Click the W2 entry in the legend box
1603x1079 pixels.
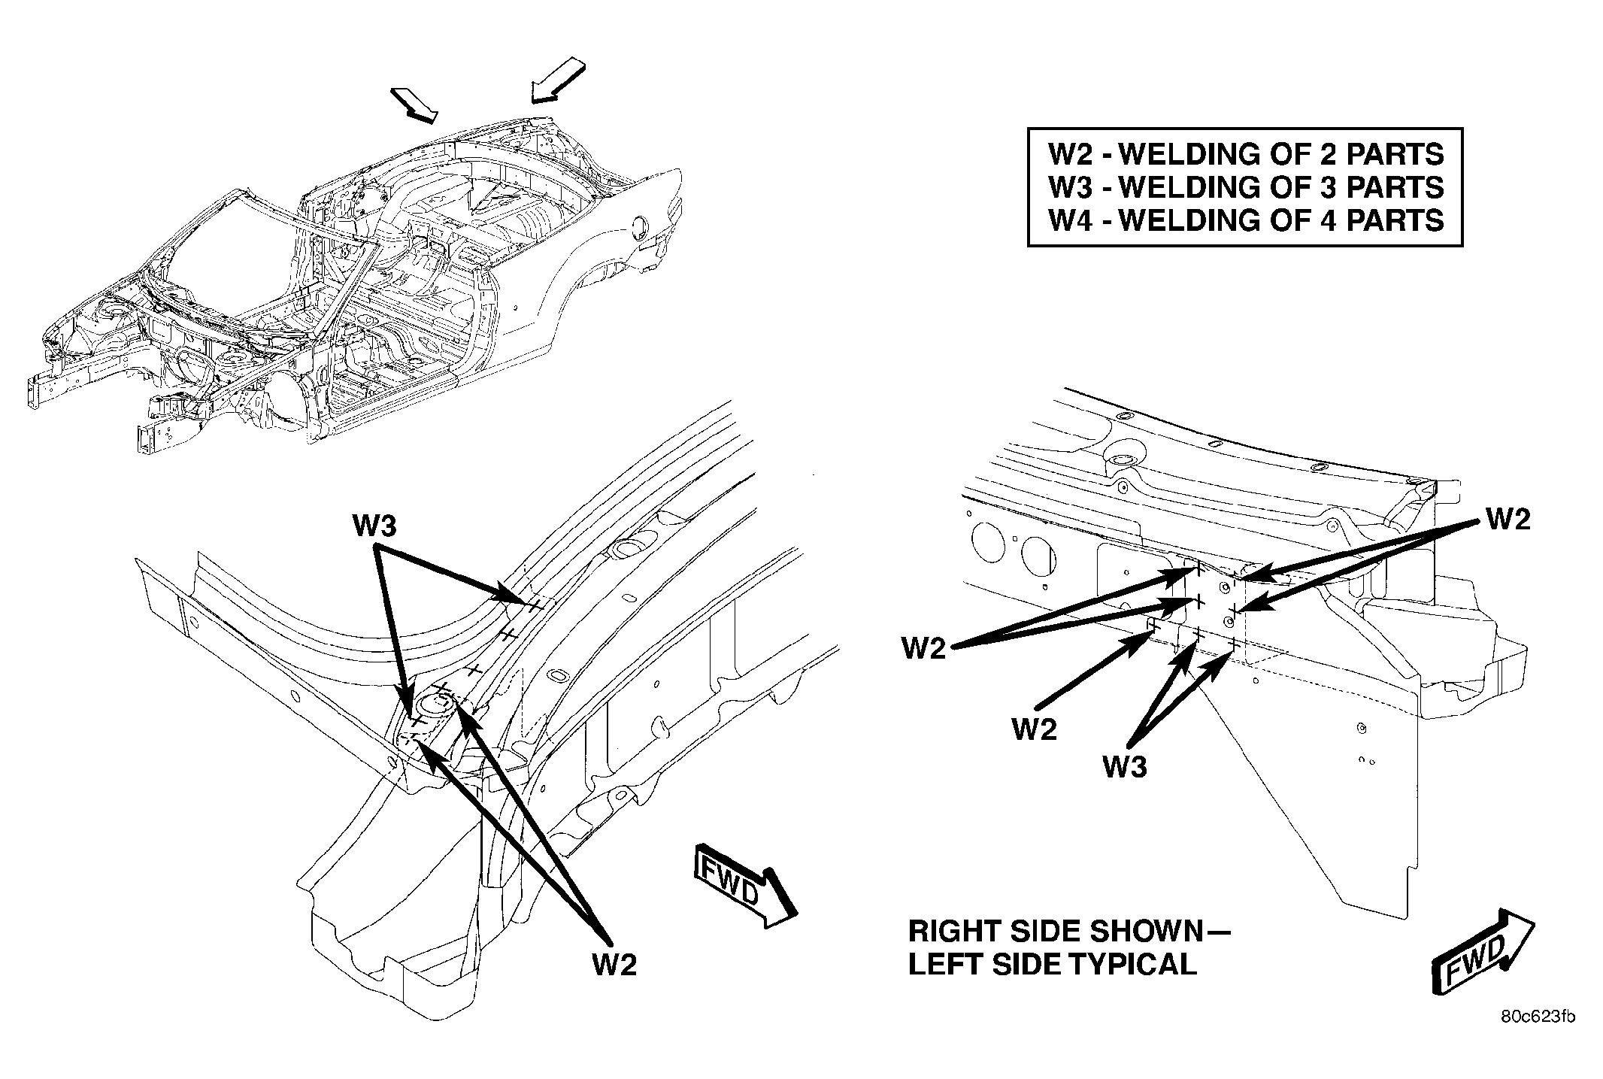1246,154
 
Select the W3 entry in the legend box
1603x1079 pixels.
1246,187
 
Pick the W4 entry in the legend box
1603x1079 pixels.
1246,220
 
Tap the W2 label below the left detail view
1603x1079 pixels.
615,965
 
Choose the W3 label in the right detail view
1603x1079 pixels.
1125,767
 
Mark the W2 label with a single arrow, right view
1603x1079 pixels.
1035,729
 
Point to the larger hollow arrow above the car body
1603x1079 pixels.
557,80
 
